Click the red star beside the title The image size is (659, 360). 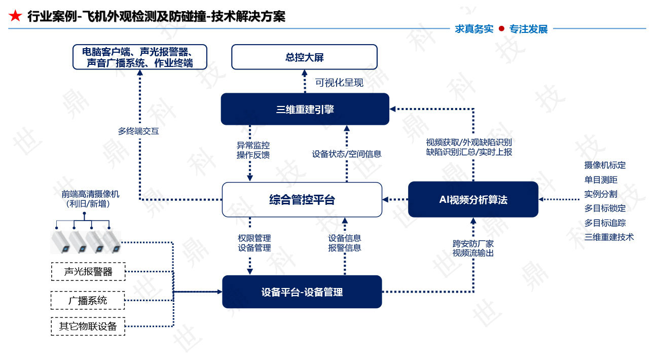(16, 16)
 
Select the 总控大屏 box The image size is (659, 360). (304, 57)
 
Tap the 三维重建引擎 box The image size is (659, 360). (305, 109)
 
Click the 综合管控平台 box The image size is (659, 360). (302, 200)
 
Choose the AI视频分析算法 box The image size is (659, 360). (473, 200)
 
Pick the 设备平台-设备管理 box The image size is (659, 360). (302, 292)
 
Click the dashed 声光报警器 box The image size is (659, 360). (88, 271)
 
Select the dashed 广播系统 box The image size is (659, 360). (88, 300)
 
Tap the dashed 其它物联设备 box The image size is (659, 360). (88, 326)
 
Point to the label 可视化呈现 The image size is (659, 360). (339, 83)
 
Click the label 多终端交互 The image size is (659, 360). (138, 131)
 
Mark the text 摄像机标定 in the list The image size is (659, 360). (605, 165)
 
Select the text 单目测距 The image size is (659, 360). (601, 179)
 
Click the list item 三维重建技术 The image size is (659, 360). (609, 237)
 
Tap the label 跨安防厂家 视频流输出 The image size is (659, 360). (473, 248)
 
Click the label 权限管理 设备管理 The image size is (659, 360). (254, 243)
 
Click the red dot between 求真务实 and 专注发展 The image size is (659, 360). (501, 29)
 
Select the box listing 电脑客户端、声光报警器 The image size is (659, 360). (139, 57)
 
